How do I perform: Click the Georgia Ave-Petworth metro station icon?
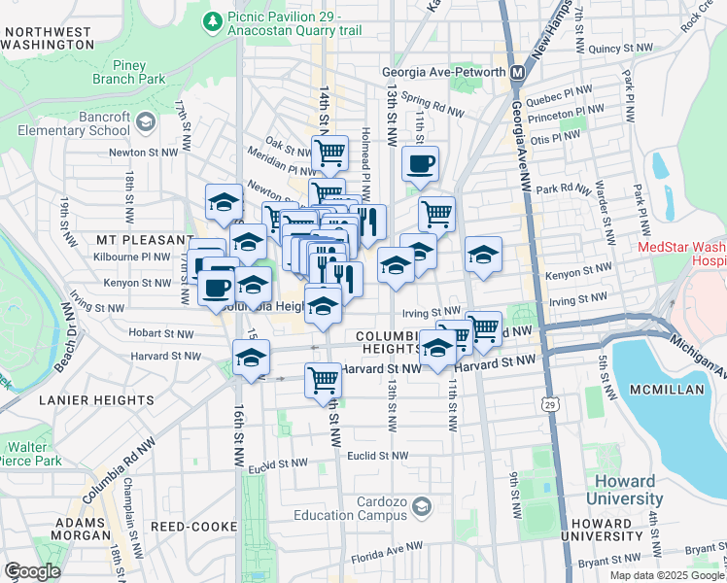point(518,72)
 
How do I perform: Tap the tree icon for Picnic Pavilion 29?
point(213,19)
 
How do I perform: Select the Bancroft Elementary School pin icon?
point(146,122)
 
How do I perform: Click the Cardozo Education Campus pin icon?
point(421,506)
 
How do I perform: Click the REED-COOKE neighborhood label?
point(194,526)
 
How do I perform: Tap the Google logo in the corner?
point(32,570)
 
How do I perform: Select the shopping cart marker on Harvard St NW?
point(324,380)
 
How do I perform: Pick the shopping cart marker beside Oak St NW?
point(329,152)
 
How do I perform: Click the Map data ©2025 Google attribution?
point(665,574)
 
